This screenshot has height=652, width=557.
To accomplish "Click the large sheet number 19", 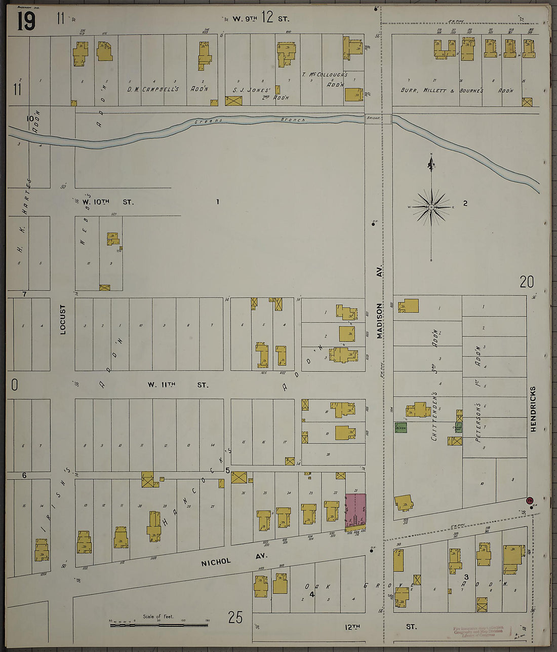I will pyautogui.click(x=26, y=21).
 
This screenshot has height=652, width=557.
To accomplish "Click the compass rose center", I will pyautogui.click(x=431, y=207).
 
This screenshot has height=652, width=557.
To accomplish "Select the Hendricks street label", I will pyautogui.click(x=533, y=409).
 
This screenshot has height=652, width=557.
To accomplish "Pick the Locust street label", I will pyautogui.click(x=63, y=320).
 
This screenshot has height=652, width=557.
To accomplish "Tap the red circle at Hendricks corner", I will pyautogui.click(x=530, y=500).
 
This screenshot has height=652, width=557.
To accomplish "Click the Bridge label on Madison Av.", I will pyautogui.click(x=372, y=118).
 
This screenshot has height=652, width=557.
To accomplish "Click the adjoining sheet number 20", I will pyautogui.click(x=527, y=282).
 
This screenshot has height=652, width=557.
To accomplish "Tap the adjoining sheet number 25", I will pyautogui.click(x=235, y=618).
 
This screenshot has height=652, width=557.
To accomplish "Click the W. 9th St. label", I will pyautogui.click(x=261, y=19).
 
